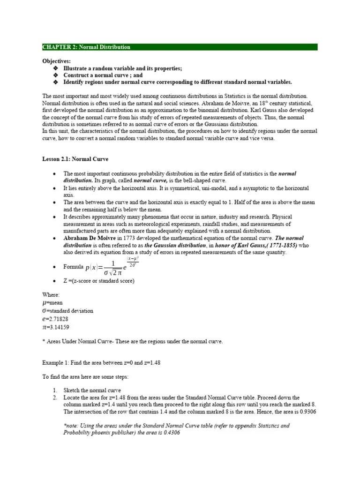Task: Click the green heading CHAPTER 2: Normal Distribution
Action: [x=87, y=47]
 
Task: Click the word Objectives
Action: [x=57, y=61]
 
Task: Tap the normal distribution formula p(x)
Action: [x=112, y=267]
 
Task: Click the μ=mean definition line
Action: [x=52, y=303]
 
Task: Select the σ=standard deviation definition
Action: [x=68, y=311]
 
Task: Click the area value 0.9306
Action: [x=307, y=412]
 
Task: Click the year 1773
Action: [x=132, y=238]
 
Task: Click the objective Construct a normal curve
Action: [x=103, y=75]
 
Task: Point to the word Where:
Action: [x=51, y=295]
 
